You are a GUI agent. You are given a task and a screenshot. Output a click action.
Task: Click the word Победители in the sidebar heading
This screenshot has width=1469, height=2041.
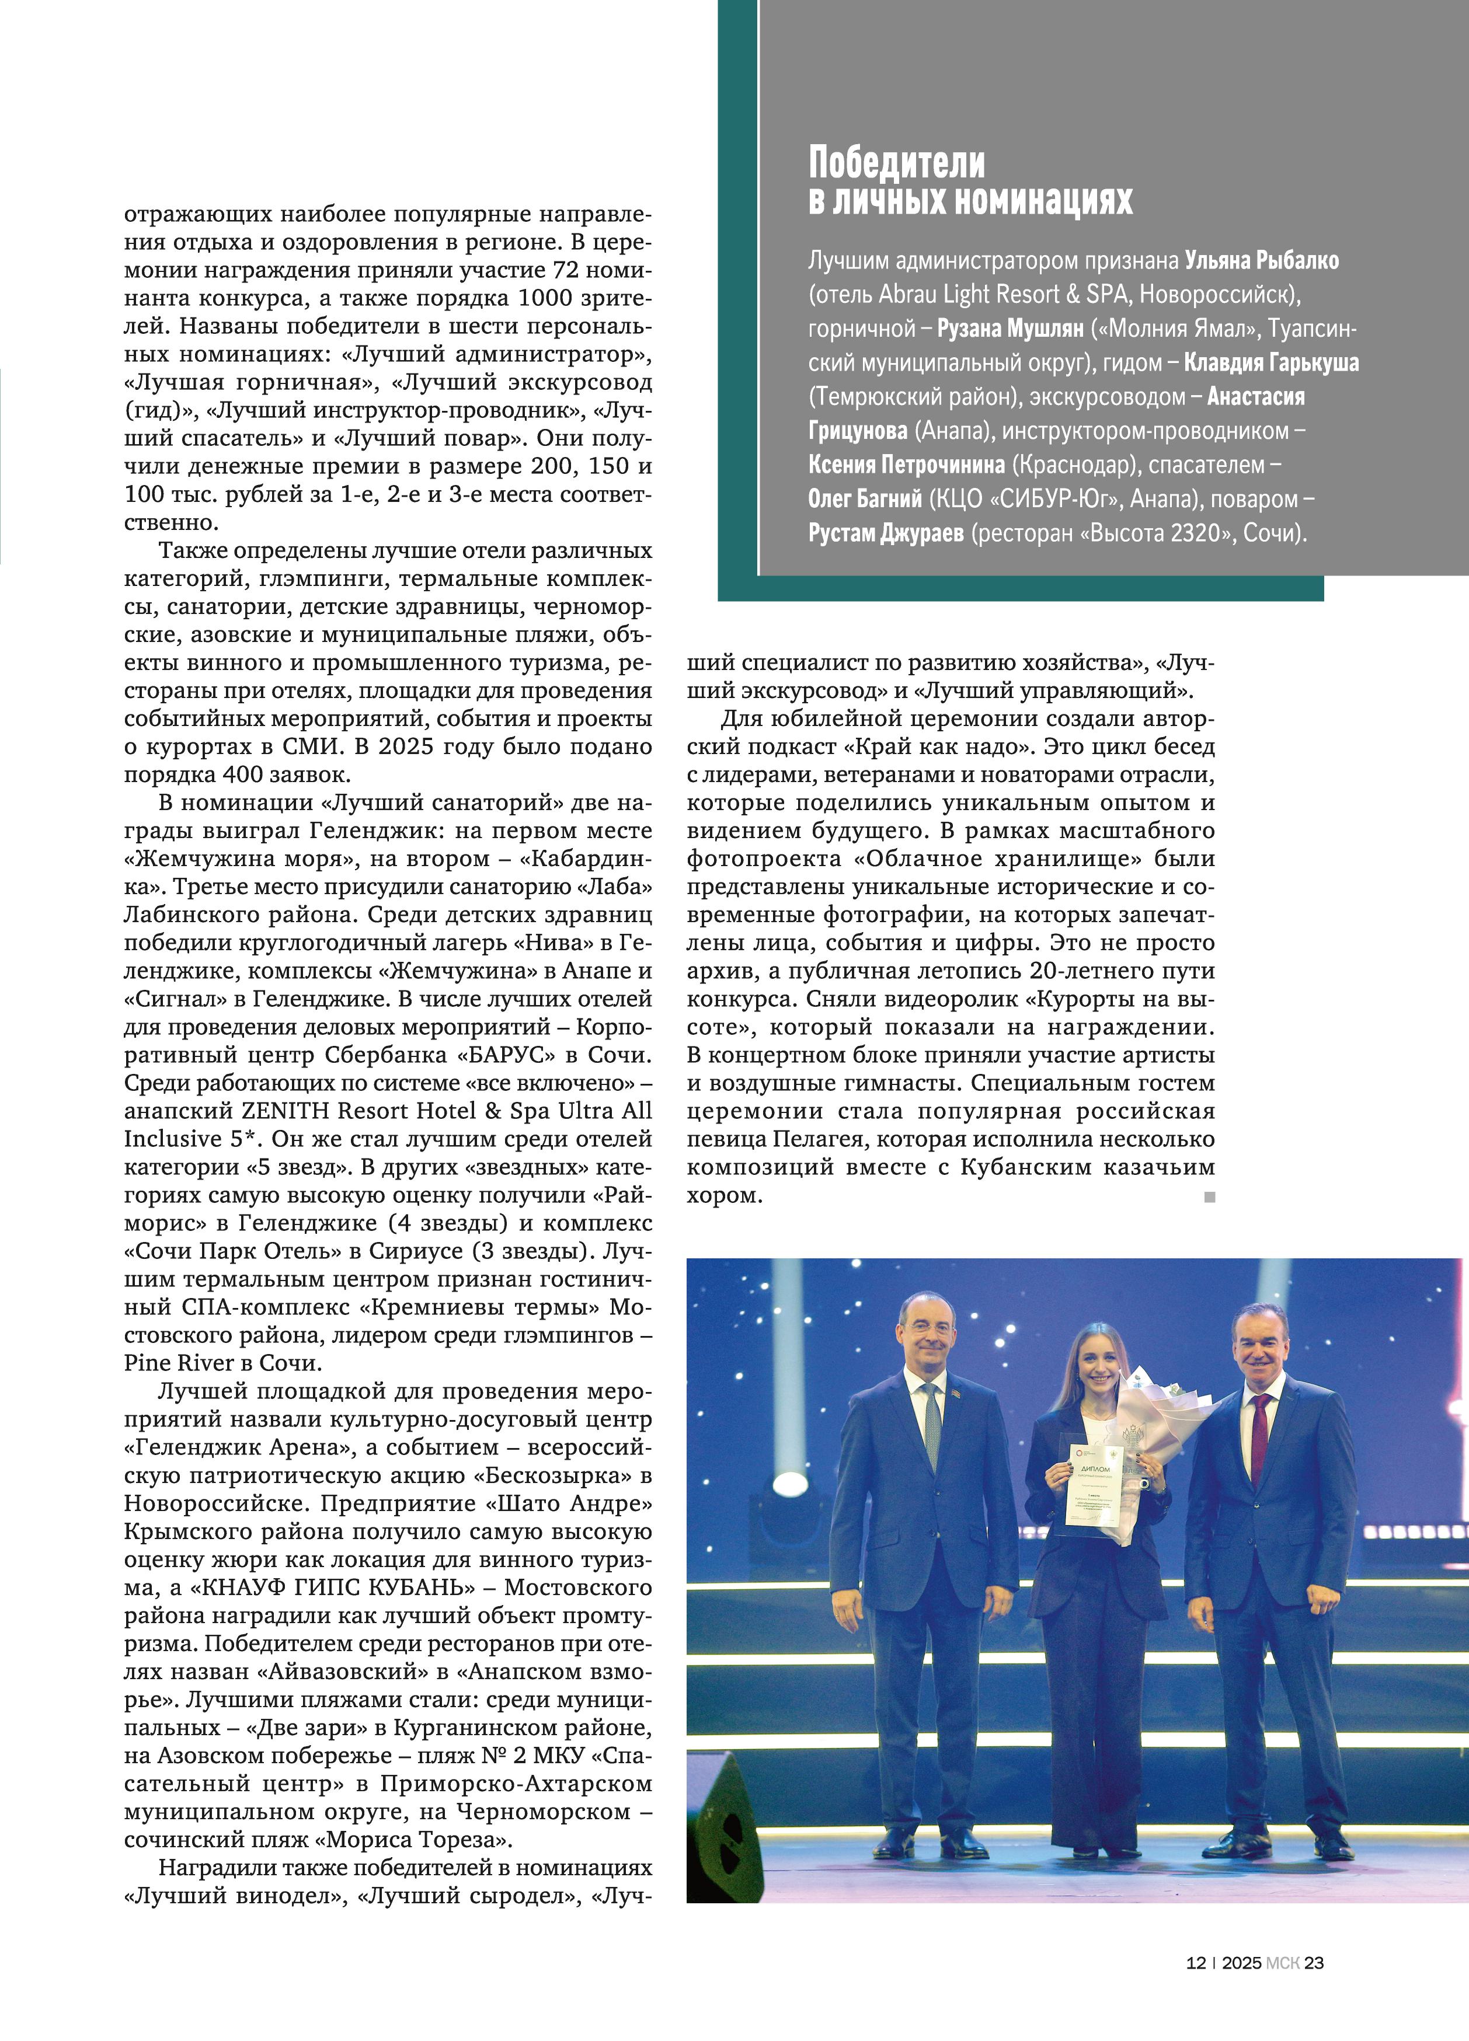(x=897, y=163)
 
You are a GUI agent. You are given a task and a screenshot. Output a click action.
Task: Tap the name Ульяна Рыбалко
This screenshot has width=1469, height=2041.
(x=1262, y=261)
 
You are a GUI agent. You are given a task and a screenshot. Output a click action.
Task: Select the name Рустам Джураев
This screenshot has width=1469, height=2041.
(x=886, y=533)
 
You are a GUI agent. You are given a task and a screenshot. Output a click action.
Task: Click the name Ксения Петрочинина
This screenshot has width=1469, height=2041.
(x=906, y=465)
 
